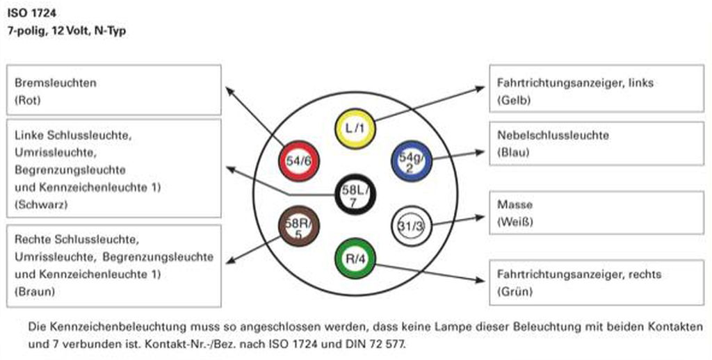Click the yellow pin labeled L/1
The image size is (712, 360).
point(355,129)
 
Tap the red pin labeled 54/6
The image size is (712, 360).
point(299,161)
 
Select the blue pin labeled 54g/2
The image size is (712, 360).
point(412,161)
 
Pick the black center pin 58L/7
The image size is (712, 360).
point(355,195)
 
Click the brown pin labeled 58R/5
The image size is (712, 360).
point(299,226)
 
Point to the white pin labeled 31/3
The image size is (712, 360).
point(412,226)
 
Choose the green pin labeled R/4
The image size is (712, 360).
point(355,259)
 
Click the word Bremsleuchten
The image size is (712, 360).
point(56,83)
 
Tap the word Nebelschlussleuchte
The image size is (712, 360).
point(553,135)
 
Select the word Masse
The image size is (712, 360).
point(515,204)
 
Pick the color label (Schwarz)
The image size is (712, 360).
point(41,205)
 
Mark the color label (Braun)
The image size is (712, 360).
point(35,291)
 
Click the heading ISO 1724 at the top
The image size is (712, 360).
point(32,13)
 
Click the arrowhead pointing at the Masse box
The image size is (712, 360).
point(480,218)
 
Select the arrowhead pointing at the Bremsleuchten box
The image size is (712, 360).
point(230,92)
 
